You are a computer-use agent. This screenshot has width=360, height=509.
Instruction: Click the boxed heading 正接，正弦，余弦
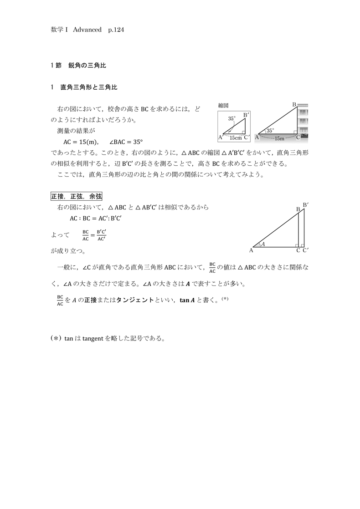pos(76,196)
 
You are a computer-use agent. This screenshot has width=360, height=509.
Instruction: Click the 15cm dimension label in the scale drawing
pos(235,137)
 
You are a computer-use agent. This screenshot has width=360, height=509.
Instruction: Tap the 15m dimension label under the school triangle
pos(279,138)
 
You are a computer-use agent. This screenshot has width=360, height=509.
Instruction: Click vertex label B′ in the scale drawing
pos(246,115)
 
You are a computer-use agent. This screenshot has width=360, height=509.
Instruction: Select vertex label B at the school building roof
pos(294,105)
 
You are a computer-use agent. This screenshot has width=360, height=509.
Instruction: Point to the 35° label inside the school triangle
pos(270,131)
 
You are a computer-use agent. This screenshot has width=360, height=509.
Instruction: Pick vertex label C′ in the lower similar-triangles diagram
pos(306,250)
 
